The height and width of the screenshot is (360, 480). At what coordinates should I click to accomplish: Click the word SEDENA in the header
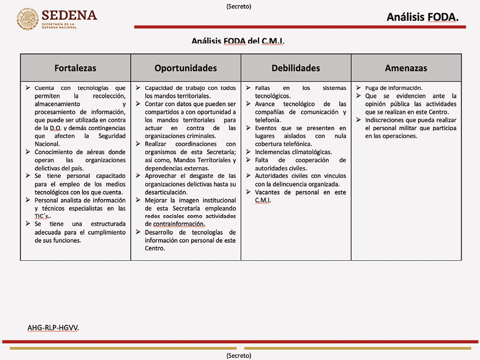point(69,15)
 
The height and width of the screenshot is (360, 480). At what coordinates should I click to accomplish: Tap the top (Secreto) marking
point(239,6)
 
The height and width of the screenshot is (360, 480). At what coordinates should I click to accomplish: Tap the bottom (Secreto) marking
point(239,356)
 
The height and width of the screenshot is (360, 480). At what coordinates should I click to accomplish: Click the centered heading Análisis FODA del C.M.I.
point(239,42)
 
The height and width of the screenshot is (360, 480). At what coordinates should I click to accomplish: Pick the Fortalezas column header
point(75,68)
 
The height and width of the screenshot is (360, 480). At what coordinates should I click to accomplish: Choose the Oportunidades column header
point(185,68)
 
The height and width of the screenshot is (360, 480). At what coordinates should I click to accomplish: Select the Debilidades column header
point(296,68)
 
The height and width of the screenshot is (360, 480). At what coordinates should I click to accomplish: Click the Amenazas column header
point(406,68)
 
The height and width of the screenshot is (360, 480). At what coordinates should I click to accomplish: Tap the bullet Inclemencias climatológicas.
point(293,152)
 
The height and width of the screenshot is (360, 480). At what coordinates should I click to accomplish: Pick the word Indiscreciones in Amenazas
point(389,120)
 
